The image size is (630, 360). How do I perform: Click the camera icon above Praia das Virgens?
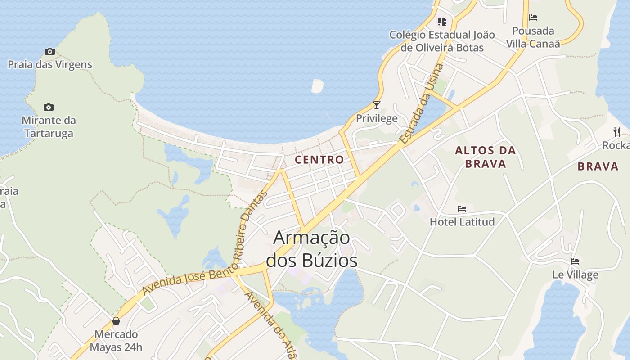(x=50, y=52)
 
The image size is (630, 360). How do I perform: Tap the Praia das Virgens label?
(x=50, y=65)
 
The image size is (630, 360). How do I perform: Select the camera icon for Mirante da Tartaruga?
(x=49, y=107)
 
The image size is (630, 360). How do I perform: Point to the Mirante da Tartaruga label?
(x=49, y=127)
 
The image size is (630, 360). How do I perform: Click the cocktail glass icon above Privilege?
(x=377, y=105)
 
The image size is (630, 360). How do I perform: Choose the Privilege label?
(x=377, y=118)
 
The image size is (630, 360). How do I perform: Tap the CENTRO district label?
(x=319, y=160)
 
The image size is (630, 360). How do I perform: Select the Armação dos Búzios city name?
(x=312, y=249)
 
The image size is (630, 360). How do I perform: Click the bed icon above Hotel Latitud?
(x=462, y=209)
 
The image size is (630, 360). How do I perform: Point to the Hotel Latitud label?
(x=462, y=222)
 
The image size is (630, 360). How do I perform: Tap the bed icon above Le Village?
(x=575, y=261)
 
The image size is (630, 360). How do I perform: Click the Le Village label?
(x=575, y=274)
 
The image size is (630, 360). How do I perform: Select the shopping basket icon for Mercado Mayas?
(x=116, y=321)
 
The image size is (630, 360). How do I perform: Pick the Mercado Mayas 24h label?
(x=116, y=341)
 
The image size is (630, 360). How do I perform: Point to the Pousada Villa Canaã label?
(x=533, y=37)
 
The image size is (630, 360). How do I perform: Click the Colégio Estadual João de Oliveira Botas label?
(x=442, y=41)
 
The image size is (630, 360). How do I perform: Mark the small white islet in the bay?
(x=317, y=86)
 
